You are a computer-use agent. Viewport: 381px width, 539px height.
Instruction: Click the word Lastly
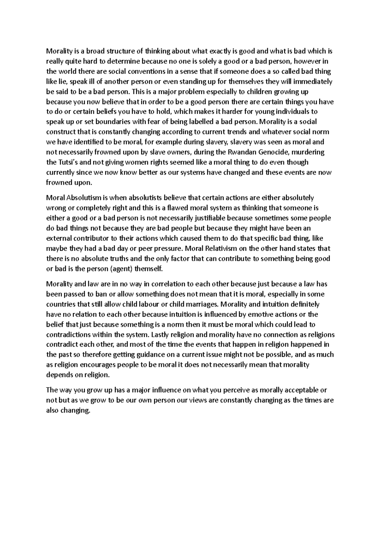pos(160,335)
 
